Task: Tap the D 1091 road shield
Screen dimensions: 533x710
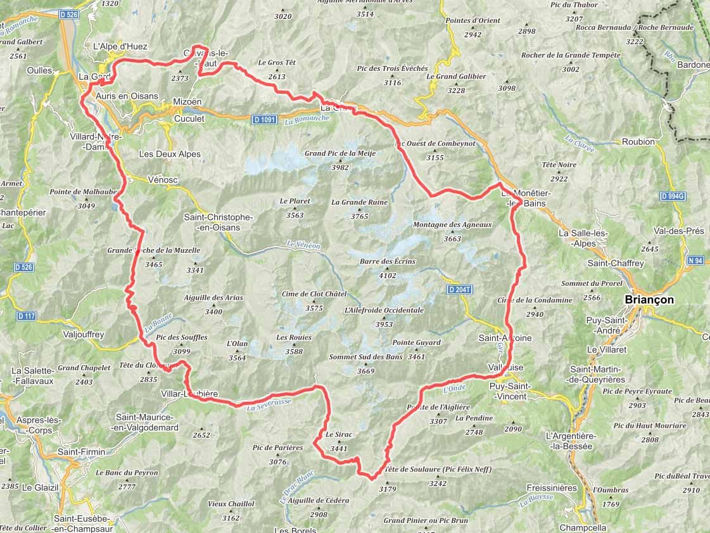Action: click(265, 119)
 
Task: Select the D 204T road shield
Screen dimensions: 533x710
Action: click(459, 290)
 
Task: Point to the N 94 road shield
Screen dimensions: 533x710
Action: click(694, 260)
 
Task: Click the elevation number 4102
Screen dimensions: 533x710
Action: click(387, 276)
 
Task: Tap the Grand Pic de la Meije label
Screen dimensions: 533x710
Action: click(340, 153)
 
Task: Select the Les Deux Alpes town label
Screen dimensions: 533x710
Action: click(170, 154)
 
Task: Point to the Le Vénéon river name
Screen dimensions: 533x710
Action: click(303, 245)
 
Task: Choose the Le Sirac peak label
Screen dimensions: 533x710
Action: click(338, 435)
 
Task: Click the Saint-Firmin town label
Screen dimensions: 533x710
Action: click(81, 451)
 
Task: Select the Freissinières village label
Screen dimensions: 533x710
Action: click(552, 488)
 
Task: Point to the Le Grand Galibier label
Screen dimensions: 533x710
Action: click(456, 77)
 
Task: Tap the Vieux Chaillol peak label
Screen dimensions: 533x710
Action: click(231, 504)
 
